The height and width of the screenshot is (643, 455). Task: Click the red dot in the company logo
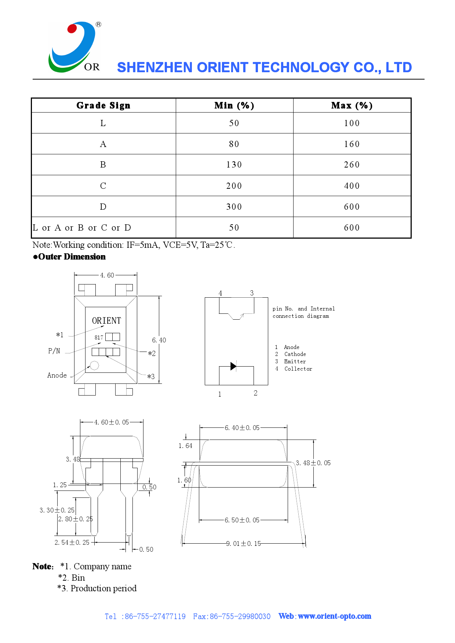tap(72, 29)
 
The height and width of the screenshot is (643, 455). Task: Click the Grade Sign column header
tap(103, 106)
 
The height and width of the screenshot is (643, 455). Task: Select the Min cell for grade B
tap(234, 165)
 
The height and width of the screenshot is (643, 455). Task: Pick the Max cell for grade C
tap(352, 186)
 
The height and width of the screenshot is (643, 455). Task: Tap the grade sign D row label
tap(103, 207)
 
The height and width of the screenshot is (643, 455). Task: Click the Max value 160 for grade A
tap(352, 144)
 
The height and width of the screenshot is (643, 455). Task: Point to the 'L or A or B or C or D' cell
tap(82, 228)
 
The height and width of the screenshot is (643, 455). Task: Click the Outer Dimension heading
tap(72, 257)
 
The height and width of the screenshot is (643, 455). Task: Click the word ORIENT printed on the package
tap(106, 321)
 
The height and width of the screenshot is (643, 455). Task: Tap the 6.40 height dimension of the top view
tap(159, 340)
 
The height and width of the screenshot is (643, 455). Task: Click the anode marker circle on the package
tap(94, 365)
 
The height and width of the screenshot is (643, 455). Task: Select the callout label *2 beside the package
tap(152, 353)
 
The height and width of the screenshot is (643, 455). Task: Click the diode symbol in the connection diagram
tap(233, 366)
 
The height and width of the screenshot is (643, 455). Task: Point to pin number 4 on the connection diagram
tap(220, 293)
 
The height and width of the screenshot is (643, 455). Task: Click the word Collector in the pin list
tap(298, 369)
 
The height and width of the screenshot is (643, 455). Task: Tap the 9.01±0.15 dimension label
tap(244, 544)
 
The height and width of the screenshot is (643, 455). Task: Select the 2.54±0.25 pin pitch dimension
tap(72, 543)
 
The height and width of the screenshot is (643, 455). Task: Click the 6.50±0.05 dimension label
tap(242, 520)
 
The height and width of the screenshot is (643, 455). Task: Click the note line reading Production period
tap(97, 588)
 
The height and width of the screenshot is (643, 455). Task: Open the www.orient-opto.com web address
tap(334, 616)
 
